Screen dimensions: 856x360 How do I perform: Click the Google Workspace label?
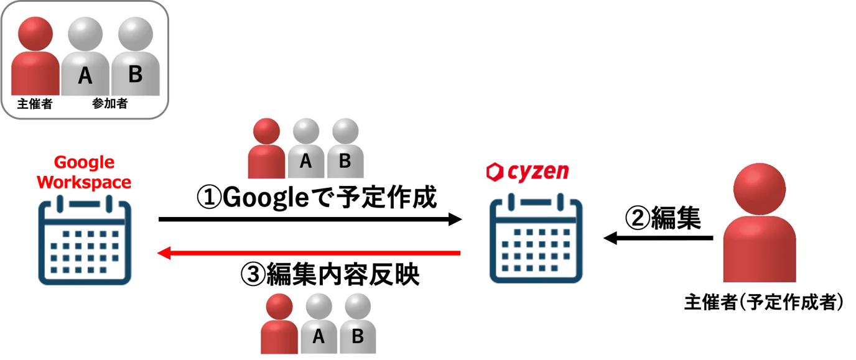(x=84, y=173)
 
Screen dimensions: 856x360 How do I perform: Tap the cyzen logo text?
(x=538, y=172)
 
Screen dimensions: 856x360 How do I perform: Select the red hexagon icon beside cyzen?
(x=495, y=172)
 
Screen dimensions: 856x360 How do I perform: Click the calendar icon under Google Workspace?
(x=85, y=240)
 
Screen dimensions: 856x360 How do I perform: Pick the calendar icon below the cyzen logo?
(x=536, y=238)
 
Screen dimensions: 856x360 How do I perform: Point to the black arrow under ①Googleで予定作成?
(x=310, y=219)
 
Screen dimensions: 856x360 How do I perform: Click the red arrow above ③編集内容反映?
(x=309, y=252)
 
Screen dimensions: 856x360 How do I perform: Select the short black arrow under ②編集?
(x=658, y=238)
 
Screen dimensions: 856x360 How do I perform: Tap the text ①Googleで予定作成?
(x=317, y=197)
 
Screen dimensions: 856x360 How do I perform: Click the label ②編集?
(x=663, y=218)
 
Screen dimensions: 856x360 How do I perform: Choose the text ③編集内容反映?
(x=330, y=274)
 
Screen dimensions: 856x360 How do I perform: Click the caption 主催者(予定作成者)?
(x=763, y=302)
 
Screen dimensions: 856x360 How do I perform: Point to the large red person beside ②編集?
(x=760, y=223)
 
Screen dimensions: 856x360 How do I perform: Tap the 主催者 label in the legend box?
(x=35, y=103)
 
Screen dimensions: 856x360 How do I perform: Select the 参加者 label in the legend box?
(x=109, y=103)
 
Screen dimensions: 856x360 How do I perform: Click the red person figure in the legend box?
(x=35, y=56)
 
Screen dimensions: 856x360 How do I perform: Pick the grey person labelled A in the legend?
(x=85, y=56)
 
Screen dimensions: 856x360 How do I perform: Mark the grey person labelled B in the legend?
(x=135, y=56)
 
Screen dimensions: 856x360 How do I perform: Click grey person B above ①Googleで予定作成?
(x=345, y=148)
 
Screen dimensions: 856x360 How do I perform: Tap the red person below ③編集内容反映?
(x=279, y=324)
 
